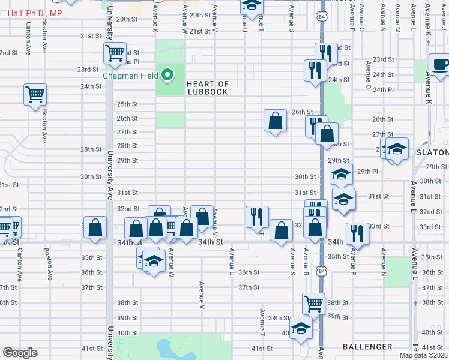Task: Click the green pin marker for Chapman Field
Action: (x=169, y=76)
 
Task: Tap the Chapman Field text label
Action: (x=130, y=76)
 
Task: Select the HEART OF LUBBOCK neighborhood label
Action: (x=207, y=88)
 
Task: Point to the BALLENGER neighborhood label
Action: (x=367, y=347)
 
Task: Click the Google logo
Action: (x=19, y=353)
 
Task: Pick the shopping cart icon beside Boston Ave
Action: (x=35, y=94)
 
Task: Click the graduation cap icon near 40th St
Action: (x=301, y=328)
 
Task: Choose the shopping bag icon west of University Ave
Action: (x=95, y=227)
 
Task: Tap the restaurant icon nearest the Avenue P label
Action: (x=357, y=233)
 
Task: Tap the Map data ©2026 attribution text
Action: (x=424, y=355)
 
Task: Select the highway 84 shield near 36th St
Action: (x=323, y=272)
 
